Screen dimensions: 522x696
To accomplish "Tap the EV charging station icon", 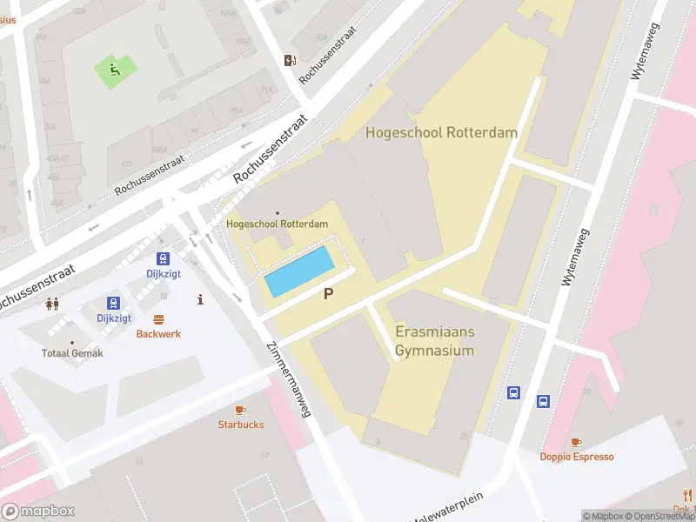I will (x=290, y=60).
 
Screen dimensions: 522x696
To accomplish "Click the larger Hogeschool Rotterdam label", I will (x=441, y=133).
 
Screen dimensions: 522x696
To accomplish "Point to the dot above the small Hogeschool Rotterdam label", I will (x=278, y=213).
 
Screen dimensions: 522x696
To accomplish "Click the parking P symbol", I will (x=328, y=294).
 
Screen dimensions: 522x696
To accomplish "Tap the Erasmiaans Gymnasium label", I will (x=435, y=342).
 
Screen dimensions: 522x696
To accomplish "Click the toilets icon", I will (x=52, y=304).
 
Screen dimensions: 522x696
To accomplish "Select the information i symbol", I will (x=201, y=299).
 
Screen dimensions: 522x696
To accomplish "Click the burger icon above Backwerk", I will (x=158, y=319).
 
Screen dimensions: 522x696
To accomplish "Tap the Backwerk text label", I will (x=158, y=334).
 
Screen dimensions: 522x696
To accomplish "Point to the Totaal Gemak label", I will (x=72, y=353).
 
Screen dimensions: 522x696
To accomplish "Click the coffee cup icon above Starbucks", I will (x=240, y=410).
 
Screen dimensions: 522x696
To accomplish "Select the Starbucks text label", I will (x=240, y=425).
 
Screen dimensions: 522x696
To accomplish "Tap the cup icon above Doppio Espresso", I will (x=576, y=442).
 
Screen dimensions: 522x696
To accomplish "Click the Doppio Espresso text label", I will (x=576, y=457).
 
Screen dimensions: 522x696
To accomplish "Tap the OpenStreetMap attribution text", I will (x=657, y=516).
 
